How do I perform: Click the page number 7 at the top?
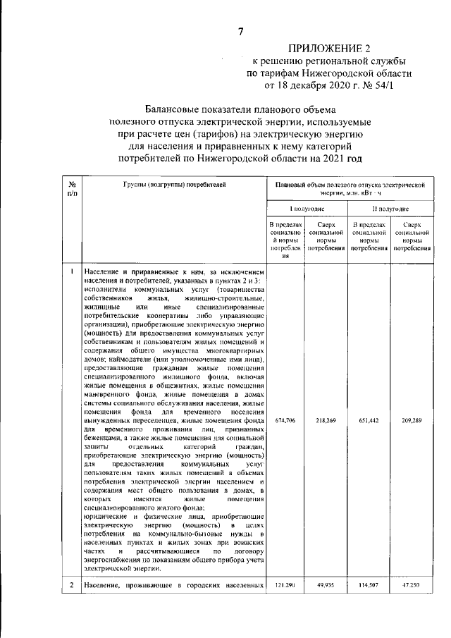point(240,30)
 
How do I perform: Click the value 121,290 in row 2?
point(285,585)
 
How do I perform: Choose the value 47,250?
point(412,585)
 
